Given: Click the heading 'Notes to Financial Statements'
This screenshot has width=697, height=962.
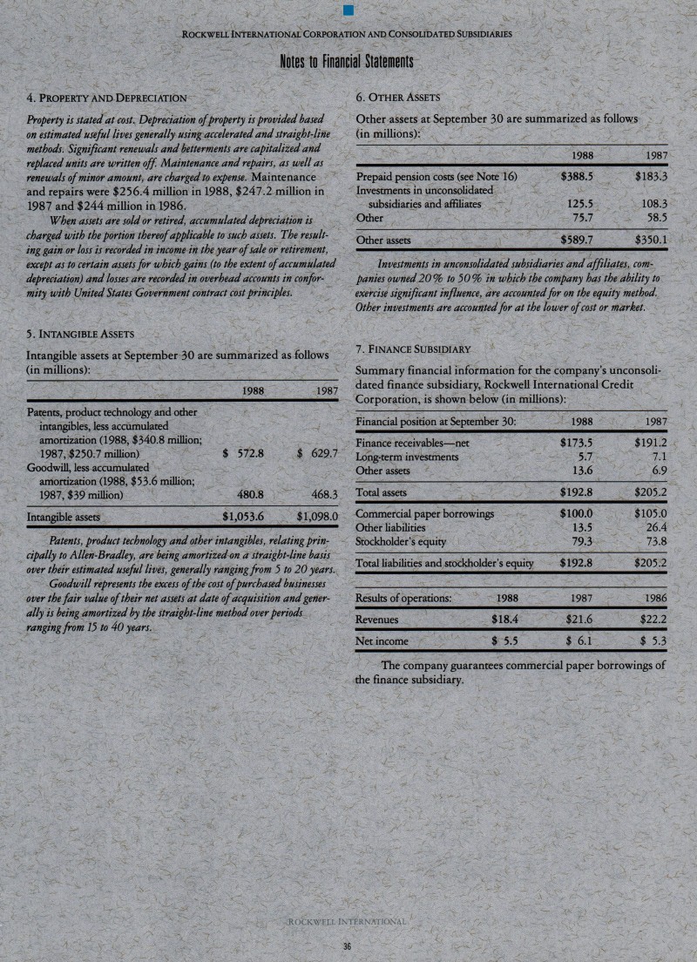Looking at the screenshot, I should coord(347,63).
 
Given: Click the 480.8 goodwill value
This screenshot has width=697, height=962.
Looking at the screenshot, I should coord(251,494).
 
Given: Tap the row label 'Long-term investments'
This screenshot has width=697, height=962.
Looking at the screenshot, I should coord(408,457).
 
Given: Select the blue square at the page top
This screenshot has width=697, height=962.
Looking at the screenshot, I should coord(347,10).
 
